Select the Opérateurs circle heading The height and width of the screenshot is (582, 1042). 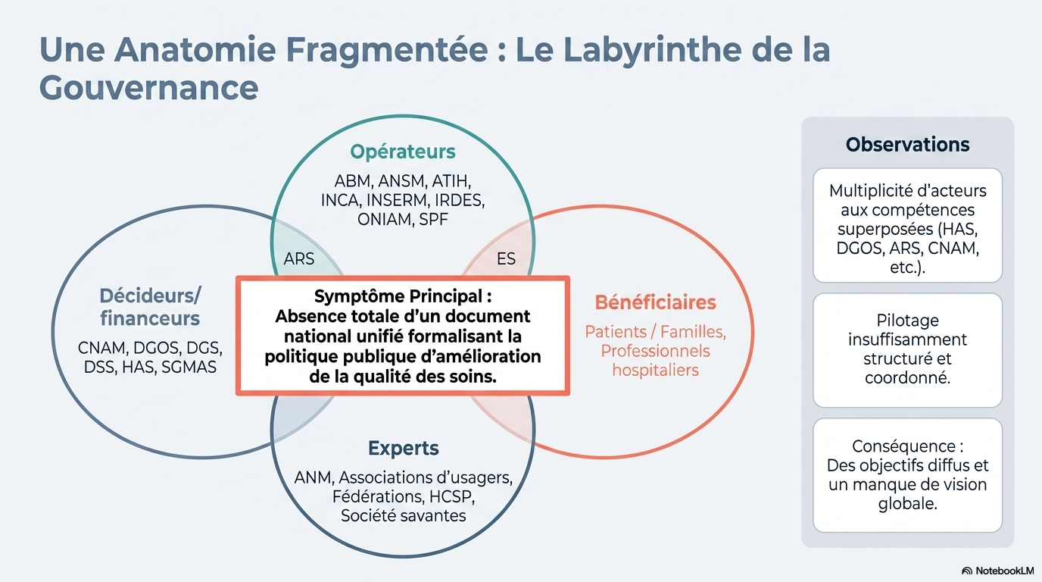pyautogui.click(x=403, y=152)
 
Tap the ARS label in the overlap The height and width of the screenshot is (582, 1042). pyautogui.click(x=299, y=259)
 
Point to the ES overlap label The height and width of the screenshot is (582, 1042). pyautogui.click(x=506, y=259)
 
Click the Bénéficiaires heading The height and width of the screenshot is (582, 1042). pyautogui.click(x=655, y=302)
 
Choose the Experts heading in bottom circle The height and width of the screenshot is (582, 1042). pyautogui.click(x=403, y=448)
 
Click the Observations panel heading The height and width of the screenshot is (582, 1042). pyautogui.click(x=907, y=144)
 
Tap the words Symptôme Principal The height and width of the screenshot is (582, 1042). pyautogui.click(x=403, y=296)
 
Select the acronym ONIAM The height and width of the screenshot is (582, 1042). pyautogui.click(x=385, y=220)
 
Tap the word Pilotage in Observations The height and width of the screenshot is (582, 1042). pyautogui.click(x=907, y=321)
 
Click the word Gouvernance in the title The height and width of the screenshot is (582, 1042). pyautogui.click(x=148, y=88)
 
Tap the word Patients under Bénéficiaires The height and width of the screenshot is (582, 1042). pyautogui.click(x=614, y=331)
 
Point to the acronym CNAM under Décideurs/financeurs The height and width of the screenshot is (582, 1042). pyautogui.click(x=103, y=349)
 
